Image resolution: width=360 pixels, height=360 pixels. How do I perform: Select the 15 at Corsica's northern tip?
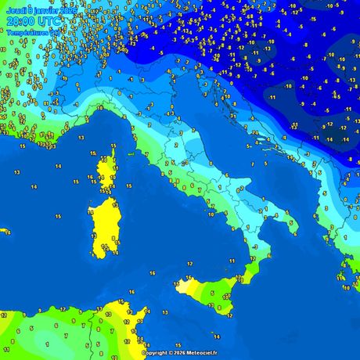(113, 146)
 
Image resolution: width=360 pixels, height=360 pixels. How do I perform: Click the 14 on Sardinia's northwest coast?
(92, 202)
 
